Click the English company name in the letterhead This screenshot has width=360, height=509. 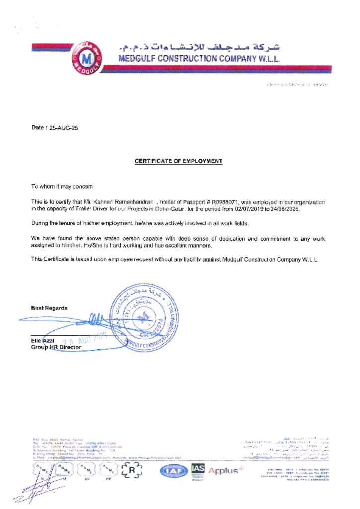tap(200, 59)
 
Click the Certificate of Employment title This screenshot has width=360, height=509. tap(179, 161)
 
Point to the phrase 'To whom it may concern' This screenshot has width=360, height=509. tap(62, 186)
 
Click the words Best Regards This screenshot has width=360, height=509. tap(49, 308)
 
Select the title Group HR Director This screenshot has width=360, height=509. tap(56, 347)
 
